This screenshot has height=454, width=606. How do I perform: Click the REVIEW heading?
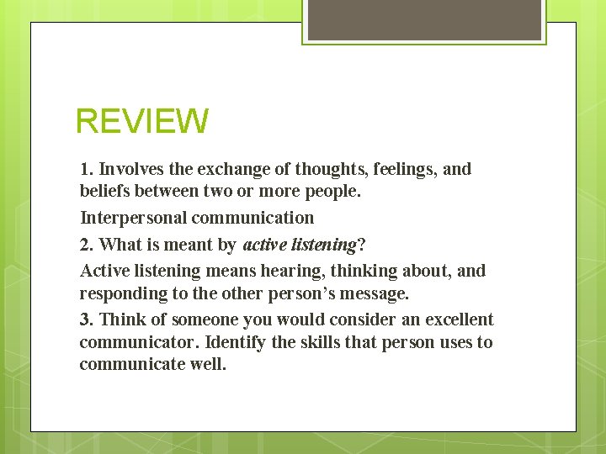[x=141, y=121]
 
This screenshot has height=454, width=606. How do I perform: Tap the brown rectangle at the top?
[x=424, y=19]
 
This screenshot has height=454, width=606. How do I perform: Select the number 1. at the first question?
[x=87, y=169]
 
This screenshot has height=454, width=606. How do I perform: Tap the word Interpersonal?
[x=133, y=218]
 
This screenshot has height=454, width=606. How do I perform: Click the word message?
[x=373, y=293]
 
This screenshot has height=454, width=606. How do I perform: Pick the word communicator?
[x=139, y=342]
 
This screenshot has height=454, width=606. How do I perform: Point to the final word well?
[x=210, y=365]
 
